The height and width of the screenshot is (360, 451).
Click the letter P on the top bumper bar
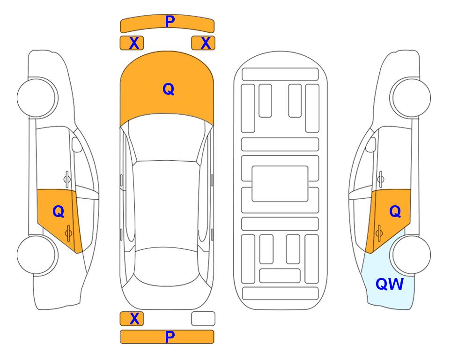tap(170, 22)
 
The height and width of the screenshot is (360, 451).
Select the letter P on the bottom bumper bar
tap(170, 337)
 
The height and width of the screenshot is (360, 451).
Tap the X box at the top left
tap(132, 43)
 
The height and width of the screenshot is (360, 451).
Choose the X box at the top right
tap(203, 43)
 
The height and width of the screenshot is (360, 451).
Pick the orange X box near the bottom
tap(132, 319)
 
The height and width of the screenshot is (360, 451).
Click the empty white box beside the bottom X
tap(203, 319)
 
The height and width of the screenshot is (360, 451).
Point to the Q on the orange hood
tap(169, 89)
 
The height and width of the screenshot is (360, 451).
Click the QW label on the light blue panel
tap(390, 284)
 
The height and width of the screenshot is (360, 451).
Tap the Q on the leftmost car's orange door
tap(59, 212)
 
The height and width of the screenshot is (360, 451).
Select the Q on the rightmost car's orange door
tap(395, 212)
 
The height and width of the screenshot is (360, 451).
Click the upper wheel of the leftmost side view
tap(37, 97)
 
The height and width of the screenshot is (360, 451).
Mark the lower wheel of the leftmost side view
tap(37, 255)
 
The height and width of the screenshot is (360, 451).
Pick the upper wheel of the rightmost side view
tap(410, 97)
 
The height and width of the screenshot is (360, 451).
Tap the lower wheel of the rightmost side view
tap(410, 255)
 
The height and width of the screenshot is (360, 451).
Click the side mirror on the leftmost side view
tap(77, 144)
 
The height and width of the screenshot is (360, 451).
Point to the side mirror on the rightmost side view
tap(370, 144)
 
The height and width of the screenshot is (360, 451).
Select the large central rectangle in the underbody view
tap(280, 184)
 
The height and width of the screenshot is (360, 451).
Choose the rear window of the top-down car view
tap(167, 266)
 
